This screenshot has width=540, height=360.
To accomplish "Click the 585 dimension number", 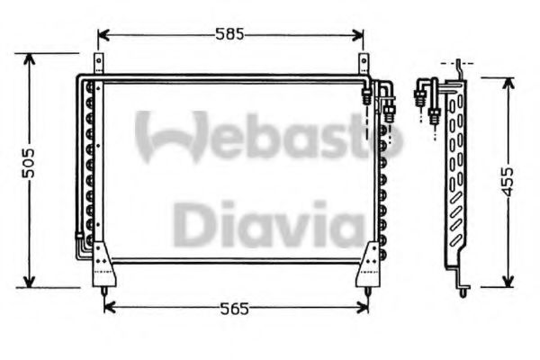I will [x=230, y=35].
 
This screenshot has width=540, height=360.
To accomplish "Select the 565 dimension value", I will [x=236, y=309].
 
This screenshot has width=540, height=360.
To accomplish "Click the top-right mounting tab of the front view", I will [x=364, y=64].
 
